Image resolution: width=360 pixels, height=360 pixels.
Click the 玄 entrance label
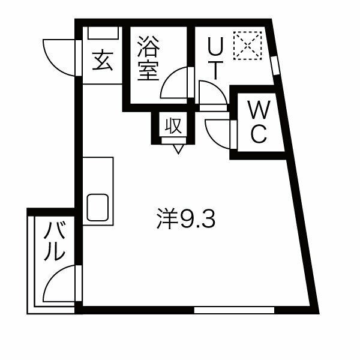pos(103,61)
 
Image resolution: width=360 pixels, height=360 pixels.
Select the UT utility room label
pos(215,58)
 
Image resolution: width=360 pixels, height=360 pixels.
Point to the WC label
pos(259,122)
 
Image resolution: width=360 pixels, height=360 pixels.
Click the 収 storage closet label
pos(173,125)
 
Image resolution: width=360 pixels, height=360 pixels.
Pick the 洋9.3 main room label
pos(186,218)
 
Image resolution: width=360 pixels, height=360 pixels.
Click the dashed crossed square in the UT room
pos(247,46)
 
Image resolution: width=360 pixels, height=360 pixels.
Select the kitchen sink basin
pos(98,208)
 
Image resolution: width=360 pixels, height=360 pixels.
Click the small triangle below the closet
pos(178,149)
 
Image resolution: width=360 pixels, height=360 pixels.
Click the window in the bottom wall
pos(234,310)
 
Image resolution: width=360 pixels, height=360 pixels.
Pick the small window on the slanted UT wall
pos(275,66)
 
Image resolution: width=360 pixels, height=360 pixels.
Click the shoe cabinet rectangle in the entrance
pos(103,33)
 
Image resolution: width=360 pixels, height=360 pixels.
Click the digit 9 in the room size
pos(186,219)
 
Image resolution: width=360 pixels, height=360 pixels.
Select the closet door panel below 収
pos(174,140)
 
